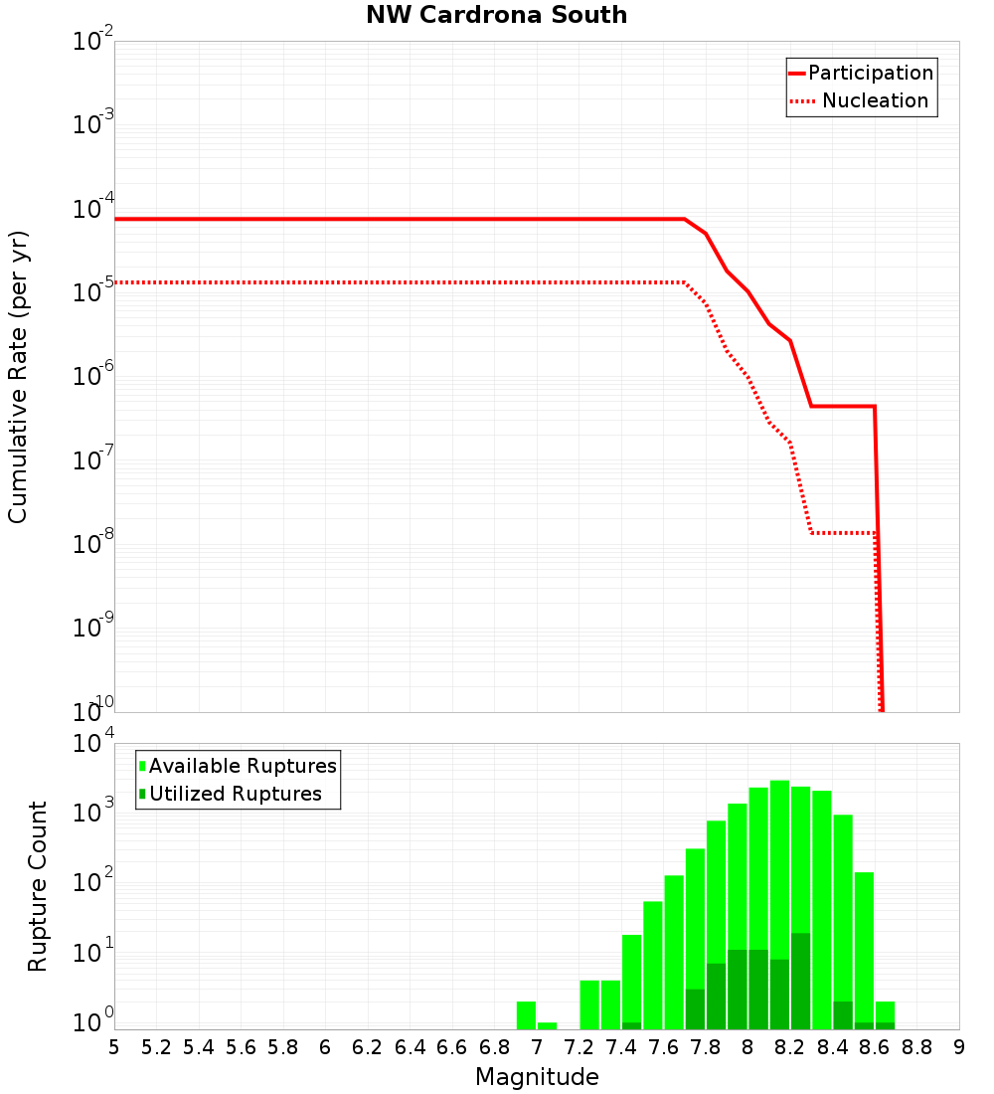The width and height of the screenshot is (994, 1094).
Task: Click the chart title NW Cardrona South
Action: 497,15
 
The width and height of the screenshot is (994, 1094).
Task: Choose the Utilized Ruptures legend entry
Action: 235,794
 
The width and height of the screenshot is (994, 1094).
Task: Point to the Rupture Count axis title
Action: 38,886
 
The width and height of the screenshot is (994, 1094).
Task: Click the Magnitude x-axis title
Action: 537,1077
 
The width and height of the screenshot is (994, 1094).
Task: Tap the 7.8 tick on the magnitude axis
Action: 706,1047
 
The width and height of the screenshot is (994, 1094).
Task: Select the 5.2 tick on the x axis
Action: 156,1047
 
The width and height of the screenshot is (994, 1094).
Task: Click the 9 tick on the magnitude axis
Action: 959,1047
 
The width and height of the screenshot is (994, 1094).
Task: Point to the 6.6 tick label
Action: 452,1047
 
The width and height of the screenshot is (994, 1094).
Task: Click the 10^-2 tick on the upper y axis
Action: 93,42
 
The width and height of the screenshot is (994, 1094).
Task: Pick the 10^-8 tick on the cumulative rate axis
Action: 93,544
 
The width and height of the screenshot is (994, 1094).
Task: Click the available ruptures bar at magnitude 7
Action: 547,1025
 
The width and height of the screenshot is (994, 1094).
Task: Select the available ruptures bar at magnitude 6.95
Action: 526,1015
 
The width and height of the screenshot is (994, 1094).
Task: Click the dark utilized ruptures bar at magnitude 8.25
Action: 800,981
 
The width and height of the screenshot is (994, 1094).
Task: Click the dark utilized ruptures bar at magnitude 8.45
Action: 843,1015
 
